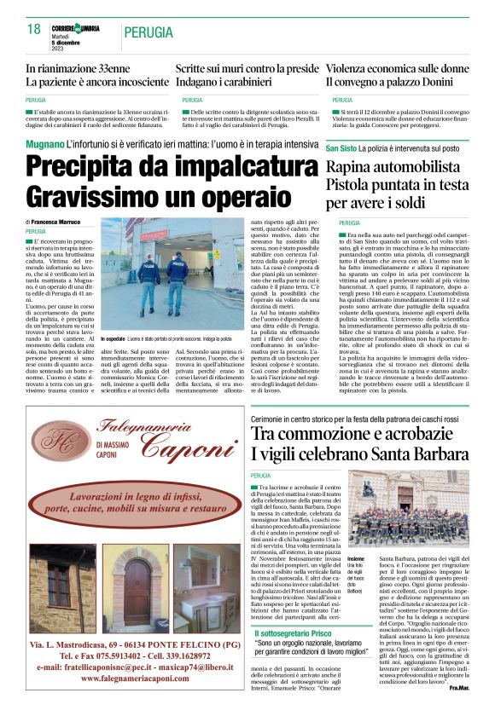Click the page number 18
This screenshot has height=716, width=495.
click(x=34, y=30)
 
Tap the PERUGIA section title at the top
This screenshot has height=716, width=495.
click(x=153, y=32)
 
